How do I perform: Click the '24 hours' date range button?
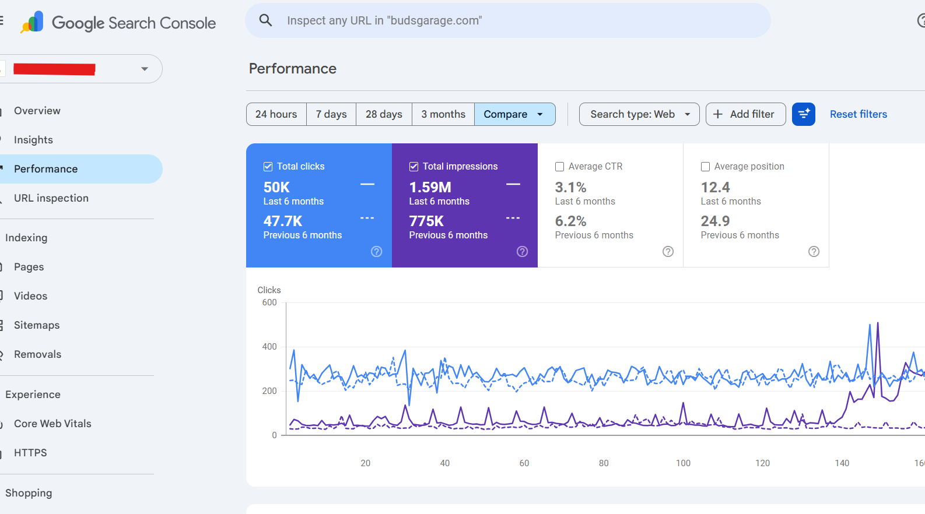click(276, 114)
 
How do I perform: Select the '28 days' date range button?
click(384, 114)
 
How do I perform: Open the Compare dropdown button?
click(514, 114)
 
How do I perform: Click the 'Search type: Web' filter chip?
click(639, 114)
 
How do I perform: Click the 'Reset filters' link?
click(859, 114)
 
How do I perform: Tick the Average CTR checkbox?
click(559, 167)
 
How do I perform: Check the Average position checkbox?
click(705, 167)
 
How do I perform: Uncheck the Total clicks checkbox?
click(268, 167)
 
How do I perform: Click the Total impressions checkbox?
click(414, 167)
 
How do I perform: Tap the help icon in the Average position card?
click(814, 252)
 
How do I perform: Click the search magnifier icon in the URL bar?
click(265, 20)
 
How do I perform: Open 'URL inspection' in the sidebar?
click(51, 198)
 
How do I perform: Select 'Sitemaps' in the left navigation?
click(37, 325)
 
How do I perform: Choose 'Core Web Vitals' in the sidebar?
click(52, 424)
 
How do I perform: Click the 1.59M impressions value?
click(430, 187)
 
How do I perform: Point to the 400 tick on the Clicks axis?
click(269, 347)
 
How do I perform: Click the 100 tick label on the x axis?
click(683, 463)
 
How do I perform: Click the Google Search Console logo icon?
click(32, 22)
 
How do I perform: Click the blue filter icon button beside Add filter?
click(804, 114)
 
